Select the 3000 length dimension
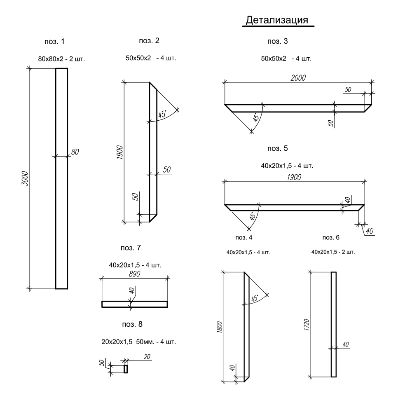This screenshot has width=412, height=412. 25,178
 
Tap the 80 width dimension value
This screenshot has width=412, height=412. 75,152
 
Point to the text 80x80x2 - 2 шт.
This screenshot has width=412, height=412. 61,59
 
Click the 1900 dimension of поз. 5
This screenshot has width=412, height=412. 293,177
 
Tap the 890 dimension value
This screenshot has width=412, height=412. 133,274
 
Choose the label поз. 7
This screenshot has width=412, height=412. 131,248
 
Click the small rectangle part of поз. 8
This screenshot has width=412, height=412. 126,369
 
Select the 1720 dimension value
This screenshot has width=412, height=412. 306,326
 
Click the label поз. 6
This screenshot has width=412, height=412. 331,238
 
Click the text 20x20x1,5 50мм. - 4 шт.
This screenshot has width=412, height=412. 138,342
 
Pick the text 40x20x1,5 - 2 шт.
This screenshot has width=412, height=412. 333,251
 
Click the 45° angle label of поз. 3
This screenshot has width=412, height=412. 257,118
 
